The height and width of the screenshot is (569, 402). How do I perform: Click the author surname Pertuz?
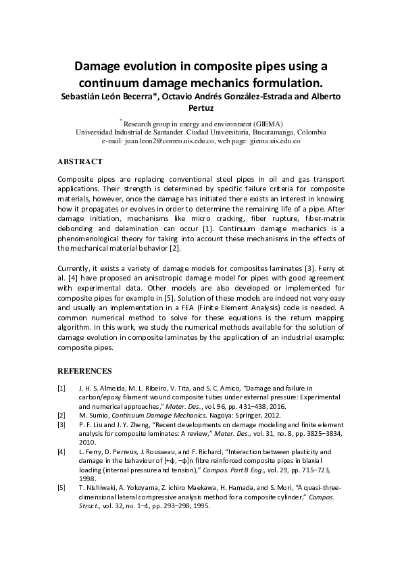(201, 108)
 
